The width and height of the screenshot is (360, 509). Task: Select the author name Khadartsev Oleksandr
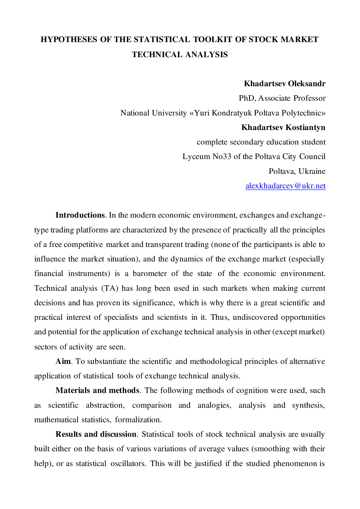(x=285, y=84)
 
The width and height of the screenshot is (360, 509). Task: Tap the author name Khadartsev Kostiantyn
(x=283, y=127)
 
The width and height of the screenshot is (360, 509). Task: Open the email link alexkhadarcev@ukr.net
(x=285, y=186)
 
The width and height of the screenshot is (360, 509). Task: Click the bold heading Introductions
(x=80, y=215)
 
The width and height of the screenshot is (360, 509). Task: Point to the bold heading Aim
(x=63, y=361)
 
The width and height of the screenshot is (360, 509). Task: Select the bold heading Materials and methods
(x=97, y=390)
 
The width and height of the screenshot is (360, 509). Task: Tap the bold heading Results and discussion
(x=96, y=434)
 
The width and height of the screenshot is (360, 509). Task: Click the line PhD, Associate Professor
(x=282, y=98)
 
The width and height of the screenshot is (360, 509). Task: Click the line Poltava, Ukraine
(x=297, y=171)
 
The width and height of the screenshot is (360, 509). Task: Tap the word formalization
(x=138, y=420)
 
